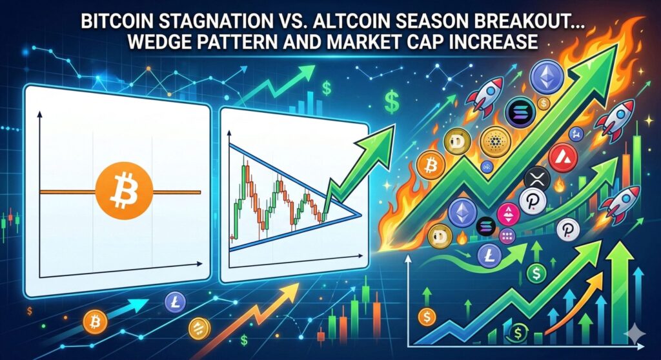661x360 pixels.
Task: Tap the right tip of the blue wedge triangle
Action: (x=360, y=215)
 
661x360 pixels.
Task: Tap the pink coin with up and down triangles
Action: (x=508, y=214)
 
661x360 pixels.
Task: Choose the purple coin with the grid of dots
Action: (x=507, y=236)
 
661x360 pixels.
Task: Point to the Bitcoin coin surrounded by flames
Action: (x=431, y=165)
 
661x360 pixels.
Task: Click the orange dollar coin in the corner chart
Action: (x=427, y=317)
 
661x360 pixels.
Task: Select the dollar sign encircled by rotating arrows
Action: (x=518, y=334)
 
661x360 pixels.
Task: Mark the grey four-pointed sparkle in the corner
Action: (x=634, y=333)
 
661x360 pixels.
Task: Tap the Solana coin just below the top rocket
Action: (x=520, y=112)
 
